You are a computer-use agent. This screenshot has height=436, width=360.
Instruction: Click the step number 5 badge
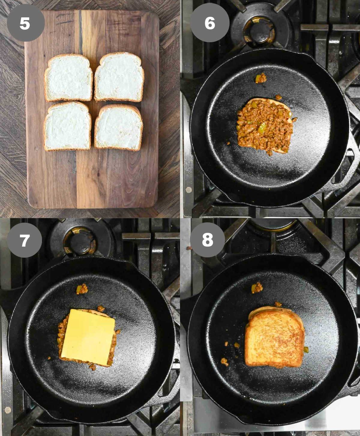pyautogui.click(x=25, y=23)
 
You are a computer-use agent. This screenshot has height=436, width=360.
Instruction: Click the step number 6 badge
pyautogui.click(x=210, y=23)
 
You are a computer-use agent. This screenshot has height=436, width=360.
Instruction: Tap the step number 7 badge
pyautogui.click(x=24, y=240)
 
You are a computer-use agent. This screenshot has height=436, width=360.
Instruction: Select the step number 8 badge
pyautogui.click(x=207, y=240)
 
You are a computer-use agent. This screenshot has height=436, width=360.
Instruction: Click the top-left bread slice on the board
pyautogui.click(x=68, y=78)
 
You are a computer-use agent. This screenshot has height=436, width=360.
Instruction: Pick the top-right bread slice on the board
pyautogui.click(x=119, y=77)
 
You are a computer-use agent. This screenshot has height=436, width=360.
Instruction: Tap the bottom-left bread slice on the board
pyautogui.click(x=67, y=126)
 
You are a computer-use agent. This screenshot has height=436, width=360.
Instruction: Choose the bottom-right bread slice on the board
pyautogui.click(x=119, y=128)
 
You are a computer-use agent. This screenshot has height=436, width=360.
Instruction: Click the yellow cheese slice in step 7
pyautogui.click(x=88, y=337)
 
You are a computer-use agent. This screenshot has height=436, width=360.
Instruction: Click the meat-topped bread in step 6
pyautogui.click(x=265, y=125)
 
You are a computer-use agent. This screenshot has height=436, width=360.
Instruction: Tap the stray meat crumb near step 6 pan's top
pyautogui.click(x=260, y=78)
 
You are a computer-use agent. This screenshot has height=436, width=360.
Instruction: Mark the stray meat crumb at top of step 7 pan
pyautogui.click(x=82, y=289)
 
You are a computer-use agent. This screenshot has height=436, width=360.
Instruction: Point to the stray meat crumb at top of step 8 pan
pyautogui.click(x=257, y=288)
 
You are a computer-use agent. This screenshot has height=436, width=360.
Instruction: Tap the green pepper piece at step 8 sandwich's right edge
pyautogui.click(x=306, y=349)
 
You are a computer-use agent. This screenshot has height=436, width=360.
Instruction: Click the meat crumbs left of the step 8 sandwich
pyautogui.click(x=224, y=361)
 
